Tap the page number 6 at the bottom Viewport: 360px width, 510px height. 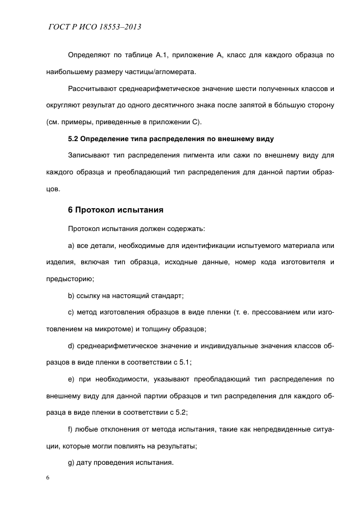(x=48, y=477)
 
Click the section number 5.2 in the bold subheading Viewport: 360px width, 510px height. (x=74, y=139)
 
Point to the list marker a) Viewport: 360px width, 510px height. (x=72, y=245)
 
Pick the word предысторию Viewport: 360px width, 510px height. (x=70, y=279)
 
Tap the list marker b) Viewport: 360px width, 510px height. (x=72, y=296)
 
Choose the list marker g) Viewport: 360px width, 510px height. (x=72, y=463)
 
